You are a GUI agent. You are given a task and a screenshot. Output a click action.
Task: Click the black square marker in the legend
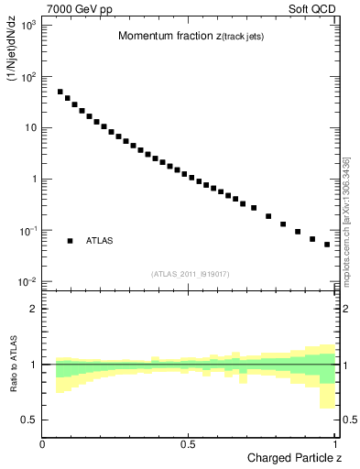click(x=70, y=241)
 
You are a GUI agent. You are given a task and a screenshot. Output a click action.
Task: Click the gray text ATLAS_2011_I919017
click(x=190, y=274)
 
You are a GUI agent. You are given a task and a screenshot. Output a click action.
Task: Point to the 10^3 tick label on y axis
click(x=27, y=25)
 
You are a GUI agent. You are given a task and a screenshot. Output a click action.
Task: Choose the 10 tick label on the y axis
click(x=29, y=127)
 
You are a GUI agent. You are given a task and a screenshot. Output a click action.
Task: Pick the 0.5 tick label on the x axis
click(x=188, y=443)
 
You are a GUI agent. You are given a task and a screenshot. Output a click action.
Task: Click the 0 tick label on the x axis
click(x=43, y=443)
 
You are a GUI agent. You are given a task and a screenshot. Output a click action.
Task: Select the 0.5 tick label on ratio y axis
click(x=29, y=420)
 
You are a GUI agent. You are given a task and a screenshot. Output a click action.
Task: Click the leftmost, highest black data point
click(x=60, y=92)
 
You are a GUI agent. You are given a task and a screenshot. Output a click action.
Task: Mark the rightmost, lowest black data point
click(x=327, y=245)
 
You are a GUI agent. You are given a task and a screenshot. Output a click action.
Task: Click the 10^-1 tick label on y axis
click(x=27, y=230)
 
